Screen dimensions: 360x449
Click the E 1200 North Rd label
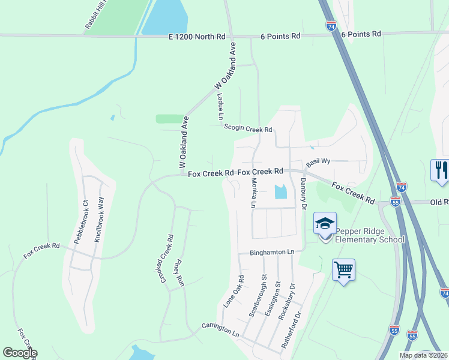197,36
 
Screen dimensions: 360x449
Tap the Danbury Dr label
303,193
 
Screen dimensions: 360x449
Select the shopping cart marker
343,270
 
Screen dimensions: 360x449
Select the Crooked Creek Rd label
166,258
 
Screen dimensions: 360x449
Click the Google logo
20,353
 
